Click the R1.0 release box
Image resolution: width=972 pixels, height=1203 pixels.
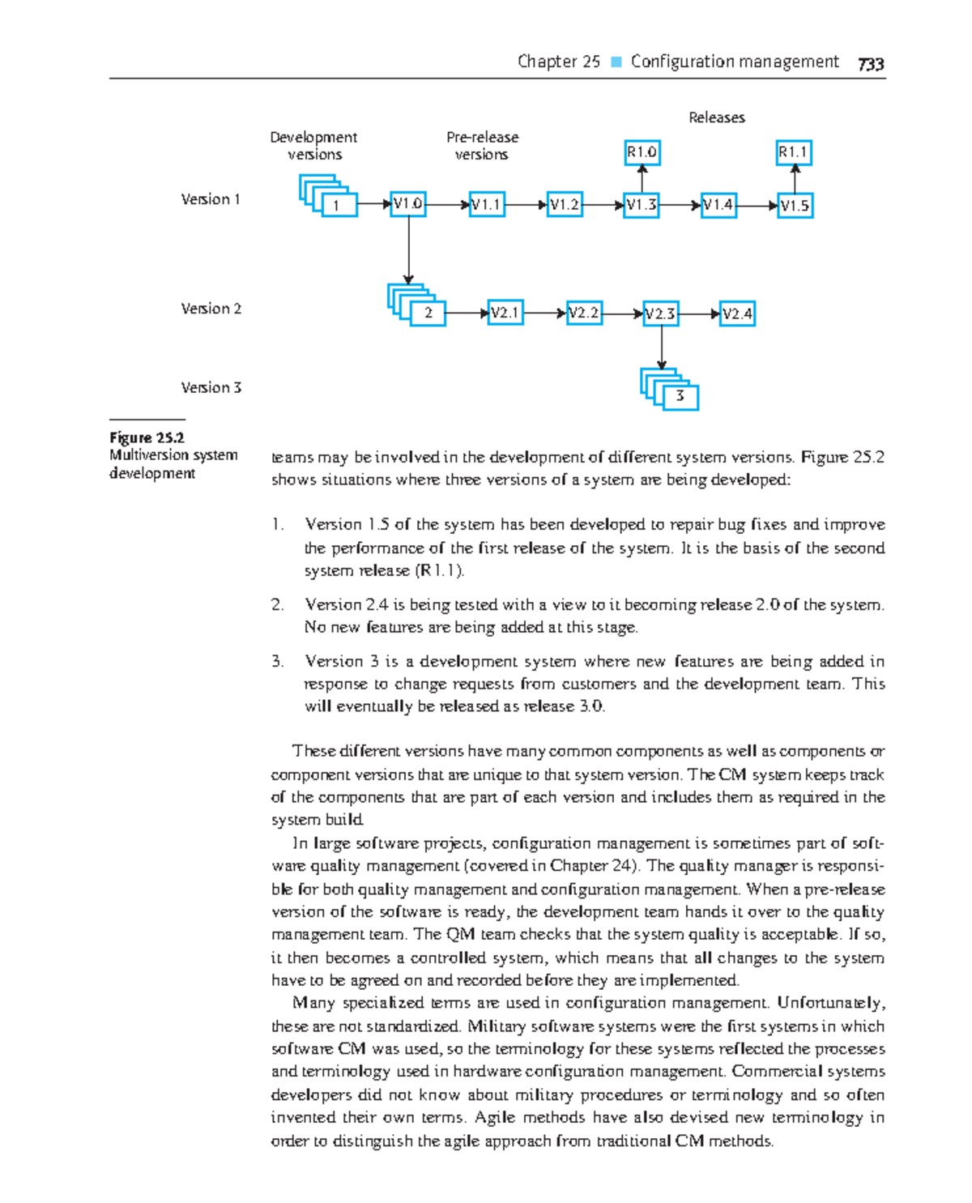(x=642, y=152)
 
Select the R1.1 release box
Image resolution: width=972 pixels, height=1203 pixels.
(x=794, y=152)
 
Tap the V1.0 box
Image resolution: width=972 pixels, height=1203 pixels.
(x=408, y=204)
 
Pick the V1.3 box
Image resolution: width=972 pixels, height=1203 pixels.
(x=642, y=205)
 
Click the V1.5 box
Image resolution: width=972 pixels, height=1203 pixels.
(x=795, y=206)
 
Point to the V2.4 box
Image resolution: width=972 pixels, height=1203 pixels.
(x=737, y=314)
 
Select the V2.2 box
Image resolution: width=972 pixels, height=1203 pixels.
(x=584, y=313)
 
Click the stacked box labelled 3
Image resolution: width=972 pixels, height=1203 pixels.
(x=680, y=396)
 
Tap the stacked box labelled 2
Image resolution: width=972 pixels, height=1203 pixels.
(x=428, y=313)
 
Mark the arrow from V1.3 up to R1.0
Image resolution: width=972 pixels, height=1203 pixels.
(x=642, y=179)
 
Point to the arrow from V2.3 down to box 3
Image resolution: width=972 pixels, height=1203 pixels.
(x=662, y=348)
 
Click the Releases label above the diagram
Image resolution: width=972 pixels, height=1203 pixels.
(x=716, y=117)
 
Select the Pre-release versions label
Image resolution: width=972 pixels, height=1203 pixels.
(x=482, y=146)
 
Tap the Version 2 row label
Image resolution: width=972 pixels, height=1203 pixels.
(x=211, y=309)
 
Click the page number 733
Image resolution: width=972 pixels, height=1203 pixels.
(x=871, y=64)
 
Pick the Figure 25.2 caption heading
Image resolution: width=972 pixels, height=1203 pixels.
(x=147, y=437)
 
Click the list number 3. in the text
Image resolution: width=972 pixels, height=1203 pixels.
(x=278, y=661)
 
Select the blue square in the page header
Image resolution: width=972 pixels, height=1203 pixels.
(x=616, y=62)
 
